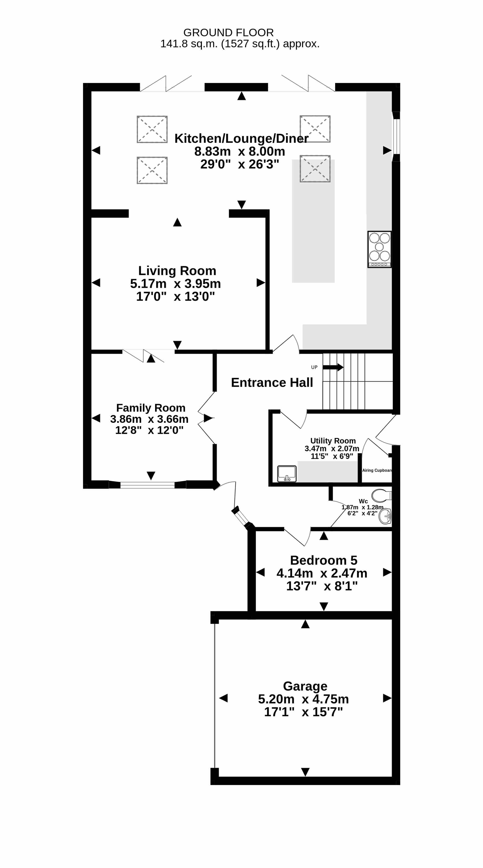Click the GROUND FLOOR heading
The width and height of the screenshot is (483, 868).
point(228,33)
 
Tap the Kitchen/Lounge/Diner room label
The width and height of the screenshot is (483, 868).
point(241,139)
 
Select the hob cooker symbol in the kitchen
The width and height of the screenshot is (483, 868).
point(380,249)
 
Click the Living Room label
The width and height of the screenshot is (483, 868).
point(177,271)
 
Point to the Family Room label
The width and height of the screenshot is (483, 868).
point(151,408)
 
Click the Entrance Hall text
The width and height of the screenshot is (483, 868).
point(272,382)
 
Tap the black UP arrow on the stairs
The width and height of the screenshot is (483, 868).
point(333,367)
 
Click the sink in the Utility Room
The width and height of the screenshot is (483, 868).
point(287,473)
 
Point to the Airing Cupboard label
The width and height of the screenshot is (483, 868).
point(377,470)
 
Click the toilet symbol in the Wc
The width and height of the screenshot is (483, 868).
point(381,496)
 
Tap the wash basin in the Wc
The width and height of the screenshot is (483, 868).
point(385,516)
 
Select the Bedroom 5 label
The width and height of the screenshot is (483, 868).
point(324,560)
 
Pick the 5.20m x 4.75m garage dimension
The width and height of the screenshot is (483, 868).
point(303,699)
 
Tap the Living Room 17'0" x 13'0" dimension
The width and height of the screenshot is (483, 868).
point(175,296)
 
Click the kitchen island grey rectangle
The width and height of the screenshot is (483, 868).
point(313,221)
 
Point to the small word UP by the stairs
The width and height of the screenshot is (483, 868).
point(314,367)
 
